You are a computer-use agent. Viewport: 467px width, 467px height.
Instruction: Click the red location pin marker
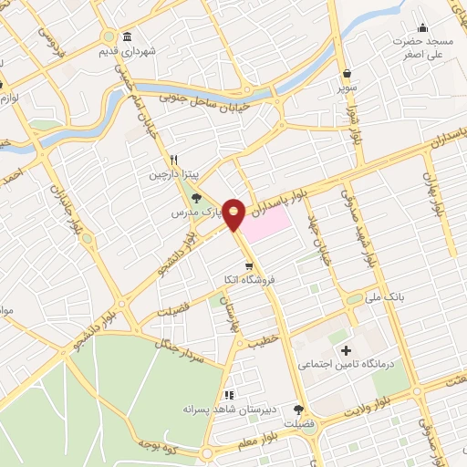point(234,214)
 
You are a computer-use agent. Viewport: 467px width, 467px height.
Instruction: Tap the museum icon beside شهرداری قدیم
point(126,36)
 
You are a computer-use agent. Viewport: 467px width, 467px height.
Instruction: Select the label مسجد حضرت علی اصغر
point(424,48)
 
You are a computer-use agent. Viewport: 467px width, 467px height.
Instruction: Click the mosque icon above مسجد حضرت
point(422,26)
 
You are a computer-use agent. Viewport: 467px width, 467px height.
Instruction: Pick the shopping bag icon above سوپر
point(348,75)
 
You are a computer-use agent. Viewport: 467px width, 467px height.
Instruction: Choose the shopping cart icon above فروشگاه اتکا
point(236,265)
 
